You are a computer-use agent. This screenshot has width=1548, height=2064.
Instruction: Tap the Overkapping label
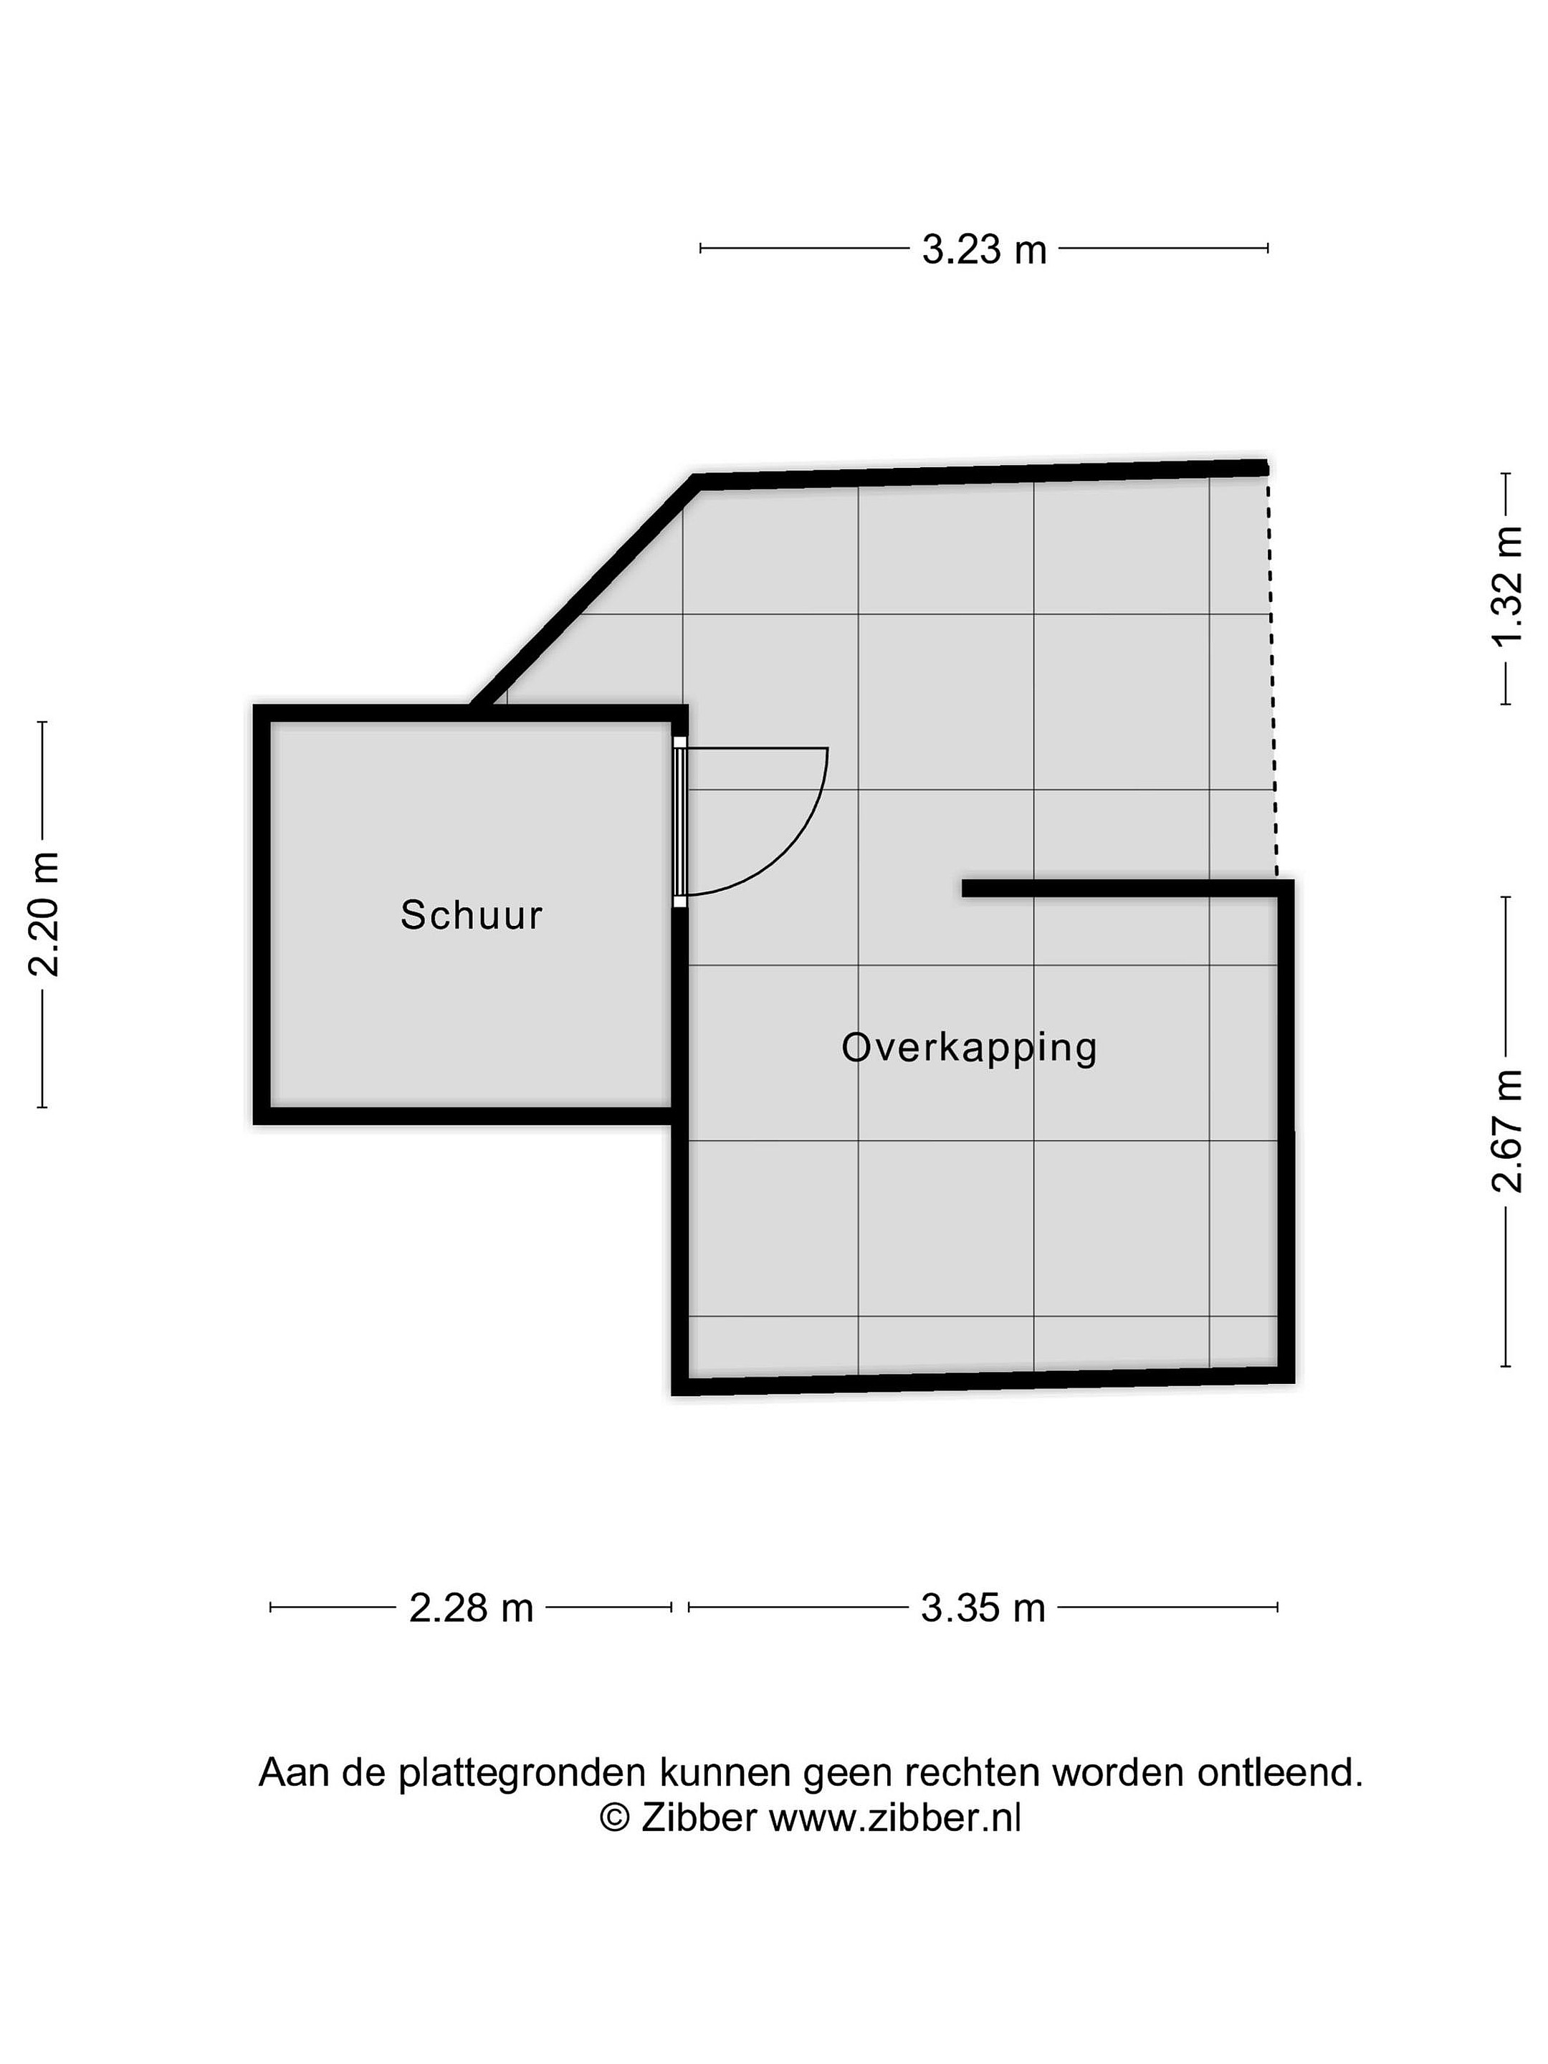coord(968,1048)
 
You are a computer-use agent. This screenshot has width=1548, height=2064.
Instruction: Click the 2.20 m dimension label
coord(44,914)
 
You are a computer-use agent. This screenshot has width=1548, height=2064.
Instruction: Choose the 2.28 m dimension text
coord(472,1607)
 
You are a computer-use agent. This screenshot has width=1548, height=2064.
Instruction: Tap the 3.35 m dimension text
coord(983,1607)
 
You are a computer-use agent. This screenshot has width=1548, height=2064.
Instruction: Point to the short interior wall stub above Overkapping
coord(1119,887)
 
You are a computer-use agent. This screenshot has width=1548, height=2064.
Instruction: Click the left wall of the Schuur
coord(262,914)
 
